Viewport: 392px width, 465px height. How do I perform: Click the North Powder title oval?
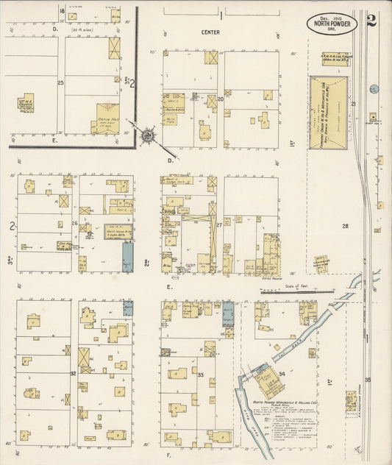332,23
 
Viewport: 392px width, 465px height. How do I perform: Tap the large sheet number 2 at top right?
371,20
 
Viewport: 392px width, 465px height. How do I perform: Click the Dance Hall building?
107,117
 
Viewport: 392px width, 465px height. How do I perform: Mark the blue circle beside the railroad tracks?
374,89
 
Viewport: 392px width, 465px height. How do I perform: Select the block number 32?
73,374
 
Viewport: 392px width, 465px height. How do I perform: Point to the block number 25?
60,82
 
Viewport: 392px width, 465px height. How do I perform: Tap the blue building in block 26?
127,259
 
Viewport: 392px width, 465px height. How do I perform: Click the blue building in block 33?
227,313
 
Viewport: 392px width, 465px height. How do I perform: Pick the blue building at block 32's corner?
128,308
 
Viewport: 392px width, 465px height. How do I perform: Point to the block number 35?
368,380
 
